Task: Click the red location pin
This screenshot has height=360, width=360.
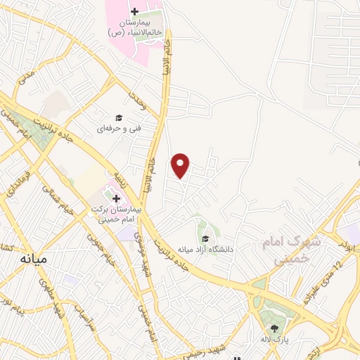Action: [181, 165]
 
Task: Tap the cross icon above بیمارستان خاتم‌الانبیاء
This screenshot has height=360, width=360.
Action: [134, 12]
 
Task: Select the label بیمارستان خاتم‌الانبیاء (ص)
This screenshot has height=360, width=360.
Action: [135, 27]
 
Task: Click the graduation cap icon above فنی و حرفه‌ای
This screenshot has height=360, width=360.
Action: [119, 117]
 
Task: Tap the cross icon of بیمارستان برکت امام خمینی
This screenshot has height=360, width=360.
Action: [117, 198]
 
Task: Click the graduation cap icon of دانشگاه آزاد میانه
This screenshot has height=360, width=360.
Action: [205, 238]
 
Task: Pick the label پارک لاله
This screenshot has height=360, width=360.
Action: [275, 340]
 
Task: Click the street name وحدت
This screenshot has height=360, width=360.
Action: [136, 103]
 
